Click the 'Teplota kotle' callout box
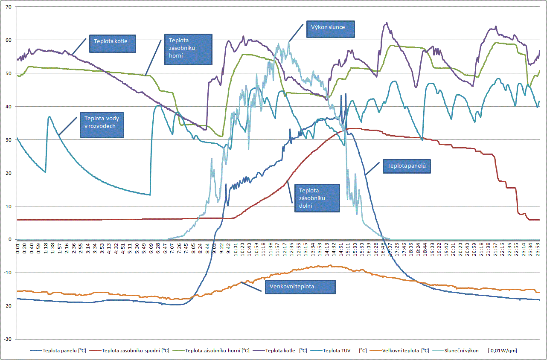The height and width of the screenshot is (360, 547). [x=112, y=44]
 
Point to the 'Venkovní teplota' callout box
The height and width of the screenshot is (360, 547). [x=300, y=287]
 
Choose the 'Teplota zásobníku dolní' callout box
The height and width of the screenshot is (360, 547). [x=317, y=198]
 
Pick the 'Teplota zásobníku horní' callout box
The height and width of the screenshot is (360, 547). [x=188, y=49]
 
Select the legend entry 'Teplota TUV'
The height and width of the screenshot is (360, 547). [x=337, y=351]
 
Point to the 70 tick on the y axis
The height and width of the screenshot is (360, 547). [x=9, y=7]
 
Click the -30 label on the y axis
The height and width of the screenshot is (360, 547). [x=8, y=339]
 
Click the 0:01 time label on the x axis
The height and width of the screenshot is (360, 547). [x=17, y=250]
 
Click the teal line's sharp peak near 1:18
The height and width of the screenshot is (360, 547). [x=49, y=116]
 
